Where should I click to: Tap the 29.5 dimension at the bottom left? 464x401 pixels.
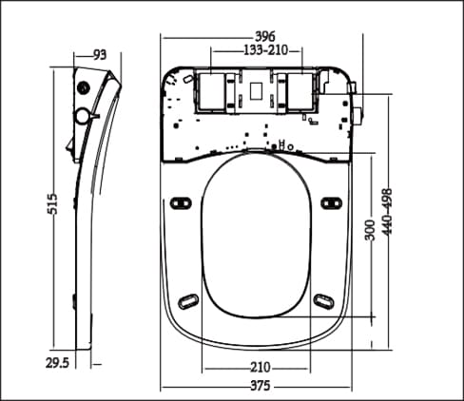pos(58,362)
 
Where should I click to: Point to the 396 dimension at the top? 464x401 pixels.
pos(253,37)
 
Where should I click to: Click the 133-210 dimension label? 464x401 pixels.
pos(253,49)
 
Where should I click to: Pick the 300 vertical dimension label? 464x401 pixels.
pos(369,229)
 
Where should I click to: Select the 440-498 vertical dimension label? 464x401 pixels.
pos(386,214)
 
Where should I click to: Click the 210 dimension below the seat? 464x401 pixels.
pos(260,367)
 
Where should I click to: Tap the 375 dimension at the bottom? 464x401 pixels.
pos(260,386)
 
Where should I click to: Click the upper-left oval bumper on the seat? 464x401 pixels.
pos(182,201)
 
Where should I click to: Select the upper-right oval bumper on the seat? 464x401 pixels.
pos(331,201)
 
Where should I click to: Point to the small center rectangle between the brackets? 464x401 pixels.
pos(255,91)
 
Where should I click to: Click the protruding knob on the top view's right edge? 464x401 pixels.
pos(358,116)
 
